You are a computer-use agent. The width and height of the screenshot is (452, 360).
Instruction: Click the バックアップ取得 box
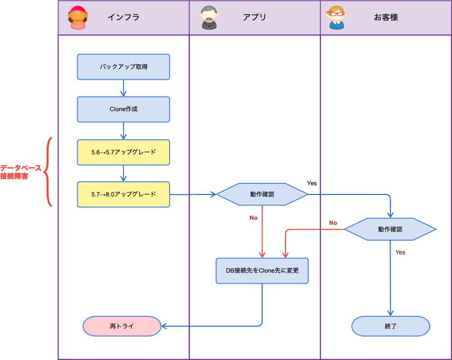tap(123, 67)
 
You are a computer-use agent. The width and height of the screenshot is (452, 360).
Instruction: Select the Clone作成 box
tap(123, 109)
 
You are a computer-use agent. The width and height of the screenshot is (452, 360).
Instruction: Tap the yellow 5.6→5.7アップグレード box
tap(123, 152)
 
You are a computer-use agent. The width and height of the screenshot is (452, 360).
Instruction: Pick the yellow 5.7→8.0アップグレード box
tap(123, 194)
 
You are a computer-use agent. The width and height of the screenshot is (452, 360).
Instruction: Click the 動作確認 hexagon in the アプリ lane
tap(262, 194)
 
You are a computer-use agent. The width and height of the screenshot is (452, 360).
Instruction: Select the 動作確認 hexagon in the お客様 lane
tap(390, 230)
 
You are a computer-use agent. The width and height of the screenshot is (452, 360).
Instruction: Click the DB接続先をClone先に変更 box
tap(262, 271)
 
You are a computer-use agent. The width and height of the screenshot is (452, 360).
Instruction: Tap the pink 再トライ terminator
tap(122, 326)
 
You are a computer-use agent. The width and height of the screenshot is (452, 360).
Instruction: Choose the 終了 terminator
tap(391, 326)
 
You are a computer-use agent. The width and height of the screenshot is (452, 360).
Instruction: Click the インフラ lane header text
tap(123, 17)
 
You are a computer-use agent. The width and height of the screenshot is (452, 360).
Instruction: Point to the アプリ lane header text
tap(254, 17)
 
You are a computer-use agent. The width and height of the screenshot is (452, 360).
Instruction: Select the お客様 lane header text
tap(386, 17)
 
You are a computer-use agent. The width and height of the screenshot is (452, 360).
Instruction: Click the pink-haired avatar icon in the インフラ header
tap(78, 18)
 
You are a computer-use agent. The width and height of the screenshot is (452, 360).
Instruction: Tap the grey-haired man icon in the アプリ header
tap(209, 18)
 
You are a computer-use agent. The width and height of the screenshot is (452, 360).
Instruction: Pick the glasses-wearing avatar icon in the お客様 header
tap(336, 18)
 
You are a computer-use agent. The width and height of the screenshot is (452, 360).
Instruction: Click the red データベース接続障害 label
tap(21, 172)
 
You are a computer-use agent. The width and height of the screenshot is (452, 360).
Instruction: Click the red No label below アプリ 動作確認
tap(253, 218)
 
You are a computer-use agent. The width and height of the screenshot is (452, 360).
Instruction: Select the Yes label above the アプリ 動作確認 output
tap(312, 183)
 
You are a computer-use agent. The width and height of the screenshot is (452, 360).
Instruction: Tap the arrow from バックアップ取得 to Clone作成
tap(123, 88)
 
